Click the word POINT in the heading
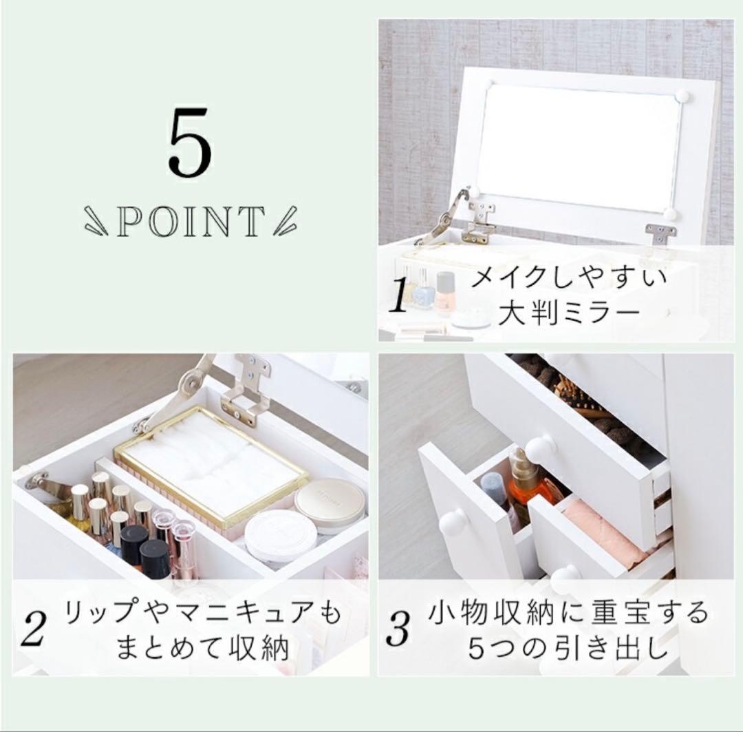coord(190,222)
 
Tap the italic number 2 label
coord(33,631)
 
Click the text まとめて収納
coord(202,649)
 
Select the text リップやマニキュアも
coord(202,613)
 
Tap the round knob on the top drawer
coord(540,448)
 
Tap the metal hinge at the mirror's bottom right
coord(660,234)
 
